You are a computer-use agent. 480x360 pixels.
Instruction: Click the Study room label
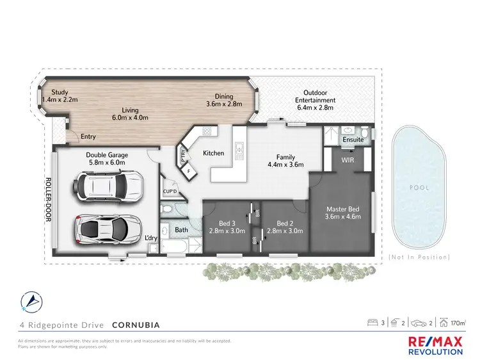[x=60, y=96]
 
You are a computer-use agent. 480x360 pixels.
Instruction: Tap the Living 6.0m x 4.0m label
[x=130, y=114]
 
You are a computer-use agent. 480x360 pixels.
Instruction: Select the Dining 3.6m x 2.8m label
[x=224, y=99]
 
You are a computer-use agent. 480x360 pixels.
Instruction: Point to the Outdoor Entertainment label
[x=315, y=96]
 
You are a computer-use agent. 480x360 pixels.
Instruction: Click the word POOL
[x=419, y=188]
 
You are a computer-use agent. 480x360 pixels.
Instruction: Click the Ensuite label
[x=353, y=139]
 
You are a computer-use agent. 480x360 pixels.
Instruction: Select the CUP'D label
[x=170, y=191]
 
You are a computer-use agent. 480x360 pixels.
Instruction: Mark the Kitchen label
[x=213, y=154]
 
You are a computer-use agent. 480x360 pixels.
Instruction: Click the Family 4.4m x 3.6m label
[x=285, y=161]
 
